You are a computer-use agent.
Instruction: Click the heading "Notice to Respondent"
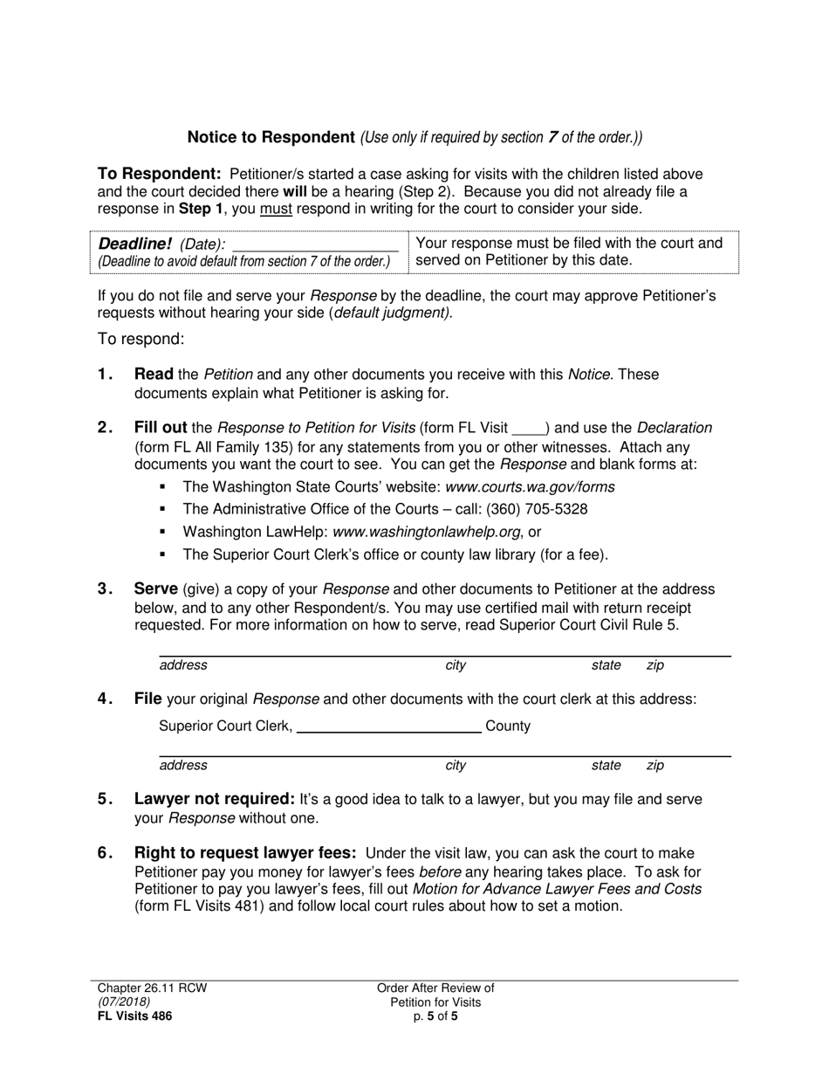[x=271, y=137]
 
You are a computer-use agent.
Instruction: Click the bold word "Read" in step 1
[x=154, y=375]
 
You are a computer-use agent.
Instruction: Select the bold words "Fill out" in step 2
[x=161, y=428]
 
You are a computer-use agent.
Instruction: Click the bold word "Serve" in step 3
[x=156, y=589]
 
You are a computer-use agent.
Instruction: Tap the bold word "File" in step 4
[x=147, y=699]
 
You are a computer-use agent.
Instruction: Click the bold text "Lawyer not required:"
[x=215, y=799]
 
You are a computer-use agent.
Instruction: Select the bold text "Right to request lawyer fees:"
[x=245, y=853]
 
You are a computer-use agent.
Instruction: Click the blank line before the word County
[x=389, y=726]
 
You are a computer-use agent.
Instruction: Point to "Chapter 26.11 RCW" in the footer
[x=152, y=988]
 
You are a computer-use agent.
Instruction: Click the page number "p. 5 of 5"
[x=435, y=1015]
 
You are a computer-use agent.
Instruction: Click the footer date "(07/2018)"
[x=124, y=1002]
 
